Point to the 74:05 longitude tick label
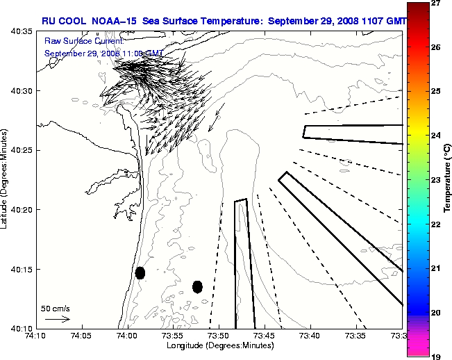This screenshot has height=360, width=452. click(x=81, y=336)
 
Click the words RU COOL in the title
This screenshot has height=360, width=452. click(x=64, y=21)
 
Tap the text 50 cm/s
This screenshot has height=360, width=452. click(x=56, y=307)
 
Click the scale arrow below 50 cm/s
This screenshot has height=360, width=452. click(x=57, y=319)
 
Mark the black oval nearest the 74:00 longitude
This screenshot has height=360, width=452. click(x=140, y=272)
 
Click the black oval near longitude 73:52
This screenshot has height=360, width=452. click(x=197, y=286)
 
